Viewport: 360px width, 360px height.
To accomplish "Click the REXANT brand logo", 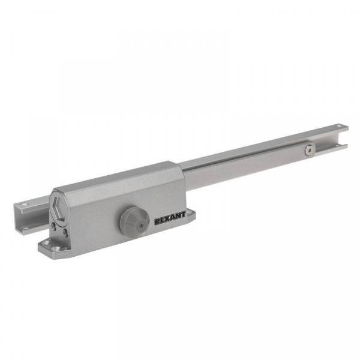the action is pyautogui.click(x=170, y=218).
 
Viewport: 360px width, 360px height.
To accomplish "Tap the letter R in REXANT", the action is pyautogui.click(x=157, y=221).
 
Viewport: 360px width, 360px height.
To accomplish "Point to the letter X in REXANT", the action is pyautogui.click(x=168, y=219).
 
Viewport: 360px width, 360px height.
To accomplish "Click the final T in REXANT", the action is pyautogui.click(x=183, y=215).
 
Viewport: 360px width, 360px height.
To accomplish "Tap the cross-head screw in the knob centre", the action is pyautogui.click(x=141, y=226).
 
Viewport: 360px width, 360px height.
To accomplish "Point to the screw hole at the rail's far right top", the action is pyautogui.click(x=338, y=126).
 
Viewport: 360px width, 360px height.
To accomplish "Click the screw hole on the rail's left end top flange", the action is pyautogui.click(x=25, y=204).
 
